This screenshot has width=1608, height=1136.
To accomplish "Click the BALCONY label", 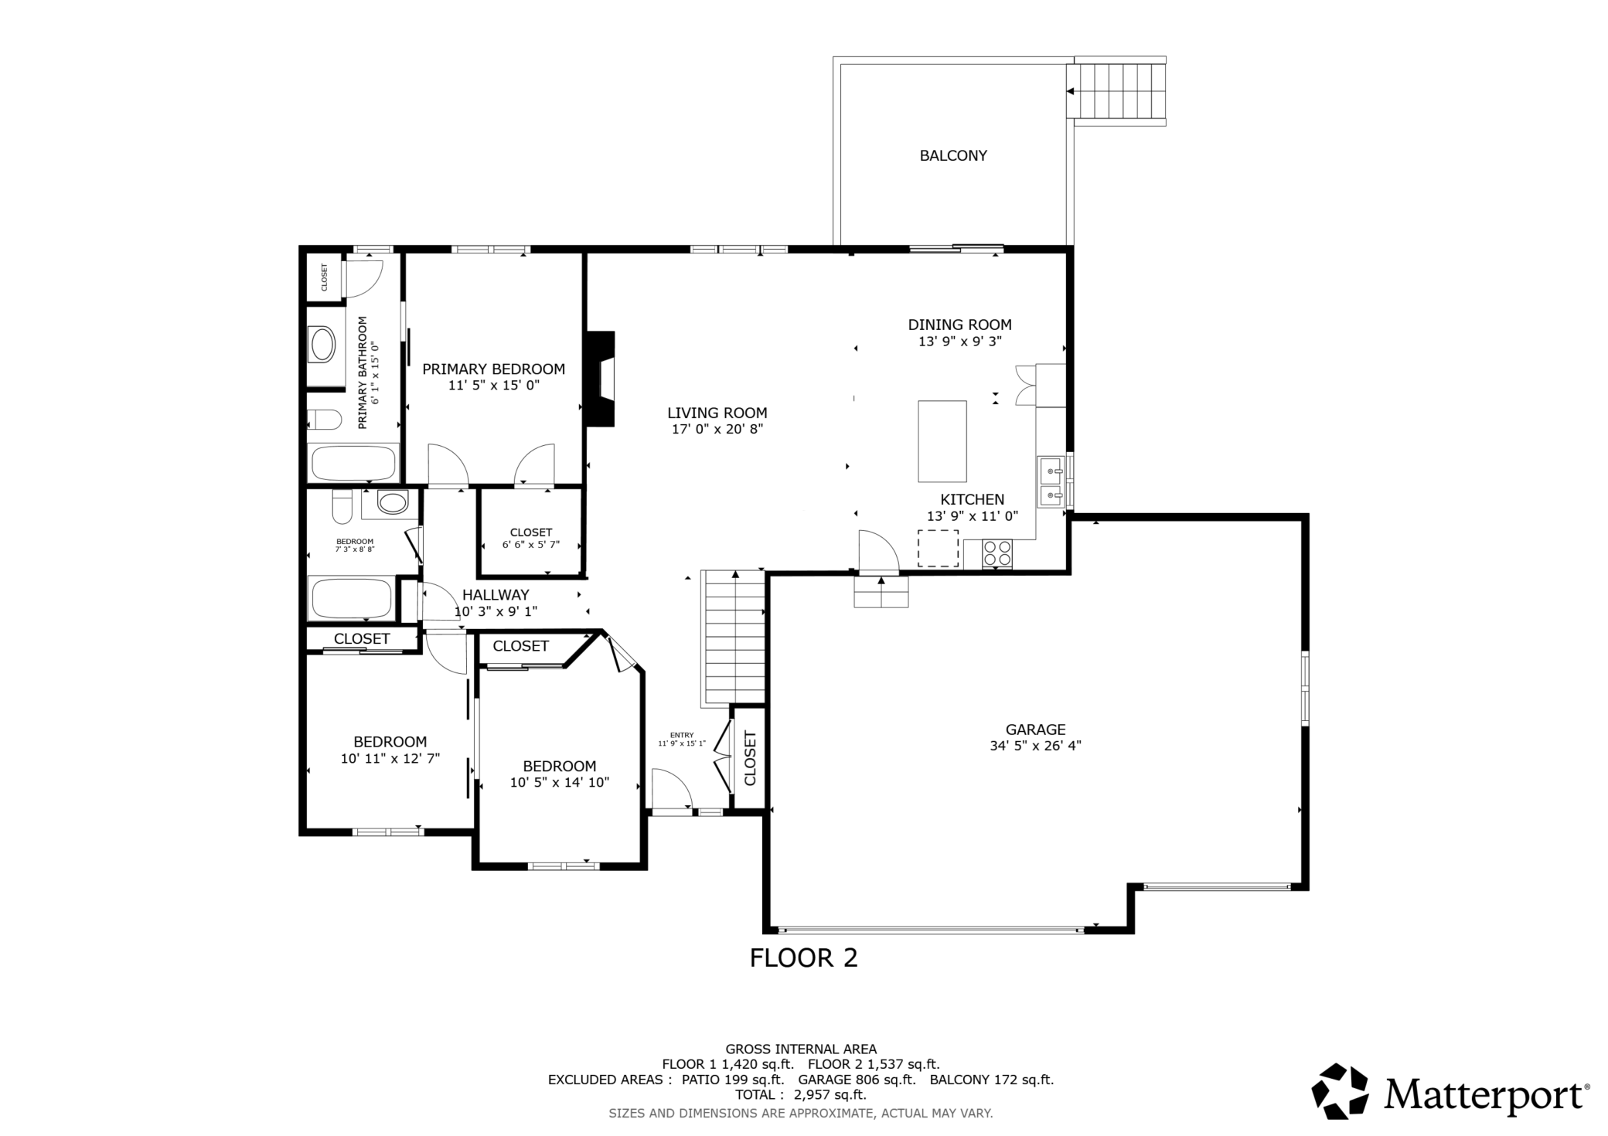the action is [952, 155].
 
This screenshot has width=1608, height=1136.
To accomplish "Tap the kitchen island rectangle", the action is [942, 441].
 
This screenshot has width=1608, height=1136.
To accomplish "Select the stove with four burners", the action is [996, 553].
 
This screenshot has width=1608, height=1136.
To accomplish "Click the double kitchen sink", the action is [1050, 481].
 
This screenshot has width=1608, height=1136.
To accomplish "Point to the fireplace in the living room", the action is [601, 379].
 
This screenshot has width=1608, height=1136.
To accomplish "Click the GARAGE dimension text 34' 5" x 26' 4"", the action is [1035, 746].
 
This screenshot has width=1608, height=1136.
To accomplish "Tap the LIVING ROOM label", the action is [717, 413].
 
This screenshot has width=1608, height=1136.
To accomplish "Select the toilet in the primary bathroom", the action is [324, 420].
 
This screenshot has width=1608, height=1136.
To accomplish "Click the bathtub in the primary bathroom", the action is [353, 463].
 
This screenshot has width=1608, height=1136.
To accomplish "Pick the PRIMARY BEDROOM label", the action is [493, 369].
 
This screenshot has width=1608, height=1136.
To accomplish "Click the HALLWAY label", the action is [496, 595].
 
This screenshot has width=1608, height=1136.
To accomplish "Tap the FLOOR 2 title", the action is [804, 958].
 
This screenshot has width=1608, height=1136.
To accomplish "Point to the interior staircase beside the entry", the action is [732, 638].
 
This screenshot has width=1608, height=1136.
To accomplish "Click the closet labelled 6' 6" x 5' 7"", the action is [531, 532].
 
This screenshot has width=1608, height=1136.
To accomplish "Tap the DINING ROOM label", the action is [959, 325].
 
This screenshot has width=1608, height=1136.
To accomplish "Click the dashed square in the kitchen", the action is [938, 549].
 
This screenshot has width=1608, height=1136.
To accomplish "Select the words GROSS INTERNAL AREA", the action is [801, 1049].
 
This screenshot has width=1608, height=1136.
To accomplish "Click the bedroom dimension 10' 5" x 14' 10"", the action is [560, 782].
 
